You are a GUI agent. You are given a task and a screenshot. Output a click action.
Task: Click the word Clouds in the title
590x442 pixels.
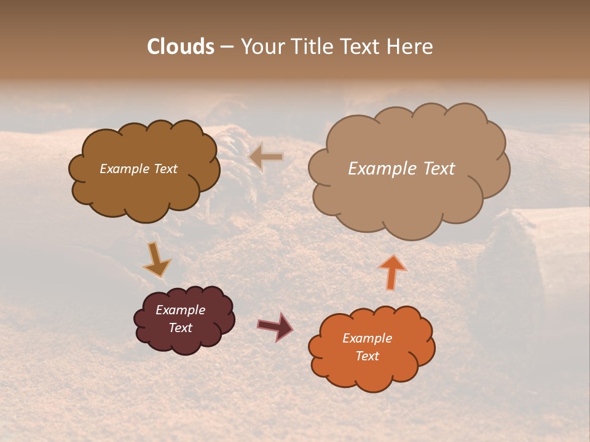tap(181, 47)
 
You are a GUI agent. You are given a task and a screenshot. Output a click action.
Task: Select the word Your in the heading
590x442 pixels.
tap(262, 47)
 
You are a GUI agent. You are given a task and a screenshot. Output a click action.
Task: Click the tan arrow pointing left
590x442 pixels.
tap(266, 157)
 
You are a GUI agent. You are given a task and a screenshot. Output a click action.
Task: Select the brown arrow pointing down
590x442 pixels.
tap(156, 260)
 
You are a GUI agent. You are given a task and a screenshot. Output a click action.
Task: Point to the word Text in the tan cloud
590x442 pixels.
tap(439, 169)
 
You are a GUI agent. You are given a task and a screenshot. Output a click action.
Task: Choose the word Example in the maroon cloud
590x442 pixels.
tap(180, 310)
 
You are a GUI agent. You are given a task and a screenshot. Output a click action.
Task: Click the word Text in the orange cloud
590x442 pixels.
tap(367, 356)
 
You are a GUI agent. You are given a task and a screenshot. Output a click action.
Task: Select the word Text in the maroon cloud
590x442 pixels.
tap(180, 328)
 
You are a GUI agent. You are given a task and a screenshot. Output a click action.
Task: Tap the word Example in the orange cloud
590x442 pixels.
tap(367, 338)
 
